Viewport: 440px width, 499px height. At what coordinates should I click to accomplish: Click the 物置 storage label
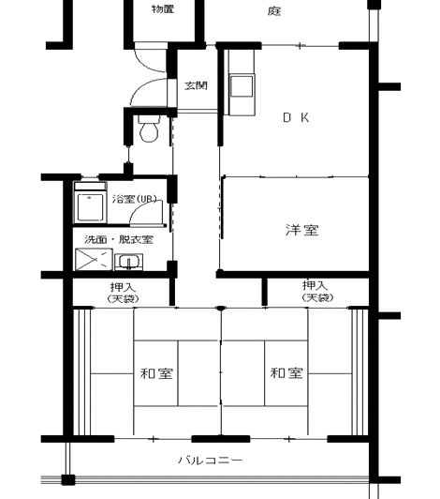(x=163, y=9)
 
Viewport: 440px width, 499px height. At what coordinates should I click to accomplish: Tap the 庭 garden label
(x=274, y=11)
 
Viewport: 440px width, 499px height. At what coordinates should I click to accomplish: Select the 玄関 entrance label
(x=196, y=85)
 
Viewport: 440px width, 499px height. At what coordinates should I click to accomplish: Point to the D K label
(x=296, y=118)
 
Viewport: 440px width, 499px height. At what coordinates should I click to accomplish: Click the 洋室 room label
(x=301, y=230)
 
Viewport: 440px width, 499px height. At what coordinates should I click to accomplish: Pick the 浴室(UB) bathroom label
(x=135, y=199)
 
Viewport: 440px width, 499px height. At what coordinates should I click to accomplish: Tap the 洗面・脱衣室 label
(x=119, y=239)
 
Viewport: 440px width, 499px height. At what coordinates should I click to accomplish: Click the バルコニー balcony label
(x=211, y=461)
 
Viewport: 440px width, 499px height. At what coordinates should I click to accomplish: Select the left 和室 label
(x=156, y=373)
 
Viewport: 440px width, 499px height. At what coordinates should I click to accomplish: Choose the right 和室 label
(x=286, y=372)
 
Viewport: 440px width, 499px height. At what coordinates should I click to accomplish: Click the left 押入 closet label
(x=123, y=287)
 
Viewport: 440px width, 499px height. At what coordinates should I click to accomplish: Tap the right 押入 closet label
(x=315, y=285)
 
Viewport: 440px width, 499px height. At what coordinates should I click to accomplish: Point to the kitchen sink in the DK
(x=242, y=85)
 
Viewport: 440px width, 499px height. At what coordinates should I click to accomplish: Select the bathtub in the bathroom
(x=91, y=207)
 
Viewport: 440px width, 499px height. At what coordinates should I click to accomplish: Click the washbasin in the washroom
(x=128, y=262)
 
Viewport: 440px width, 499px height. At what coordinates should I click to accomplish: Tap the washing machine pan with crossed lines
(x=94, y=260)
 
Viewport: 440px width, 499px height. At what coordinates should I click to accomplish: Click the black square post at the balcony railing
(x=68, y=479)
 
